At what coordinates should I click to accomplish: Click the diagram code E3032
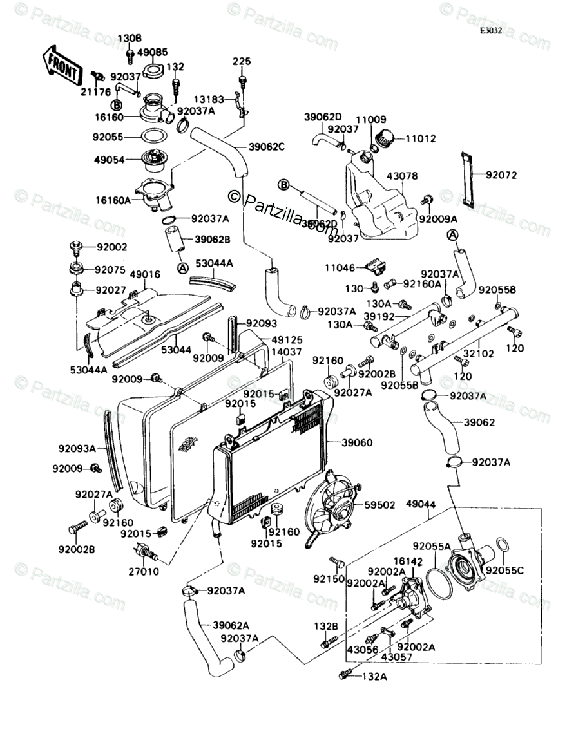[490, 30]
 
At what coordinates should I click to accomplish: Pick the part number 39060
[356, 443]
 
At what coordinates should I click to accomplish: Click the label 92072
[501, 174]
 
